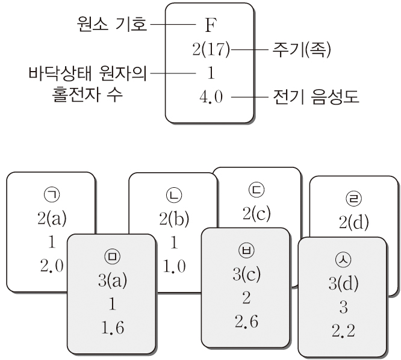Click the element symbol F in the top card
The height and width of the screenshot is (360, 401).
click(209, 26)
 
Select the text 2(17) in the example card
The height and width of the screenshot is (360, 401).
click(208, 50)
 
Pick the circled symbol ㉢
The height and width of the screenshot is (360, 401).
click(256, 192)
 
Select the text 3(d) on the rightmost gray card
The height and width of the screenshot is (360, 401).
click(341, 285)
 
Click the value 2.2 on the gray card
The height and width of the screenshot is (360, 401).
click(341, 331)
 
